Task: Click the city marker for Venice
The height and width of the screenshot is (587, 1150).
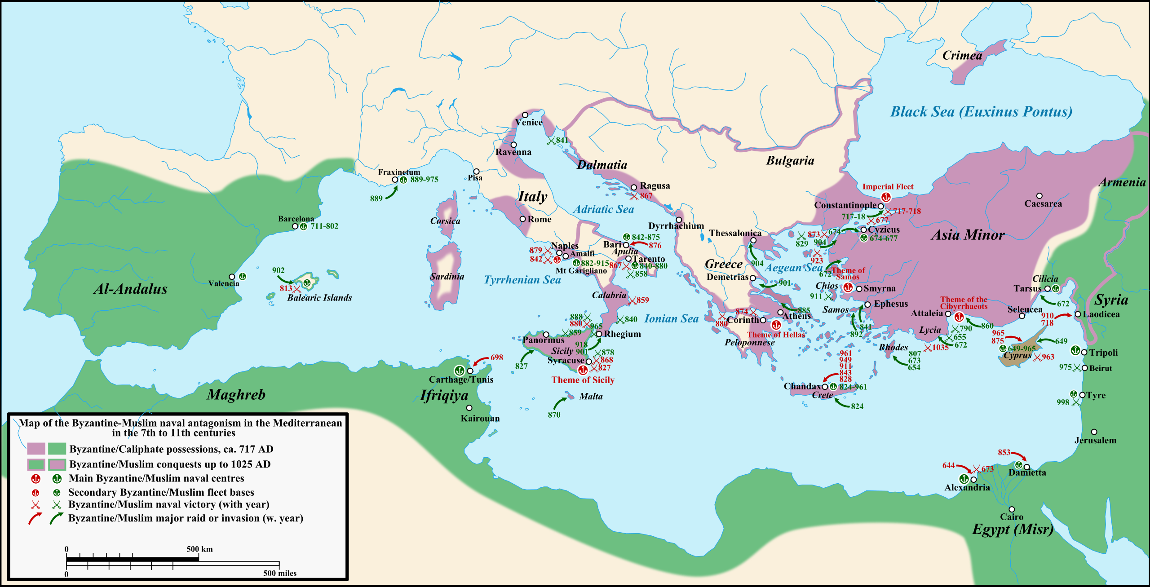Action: coord(525,115)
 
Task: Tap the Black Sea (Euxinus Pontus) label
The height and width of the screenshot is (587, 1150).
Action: coord(981,111)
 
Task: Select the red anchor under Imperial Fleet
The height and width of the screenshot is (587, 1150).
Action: coord(886,197)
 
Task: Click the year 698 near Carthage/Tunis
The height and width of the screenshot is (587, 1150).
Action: coord(496,357)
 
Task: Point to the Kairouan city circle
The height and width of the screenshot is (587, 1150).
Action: coord(469,408)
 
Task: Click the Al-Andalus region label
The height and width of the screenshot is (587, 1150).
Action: coord(130,289)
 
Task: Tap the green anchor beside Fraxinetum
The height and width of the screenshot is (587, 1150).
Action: coord(403,180)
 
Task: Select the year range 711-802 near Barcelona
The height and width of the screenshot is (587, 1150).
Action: coord(324,226)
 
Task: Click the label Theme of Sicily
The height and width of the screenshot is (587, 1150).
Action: coord(583,380)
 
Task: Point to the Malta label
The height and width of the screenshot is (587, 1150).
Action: coord(591,396)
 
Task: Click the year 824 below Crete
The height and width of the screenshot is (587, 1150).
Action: coord(857,406)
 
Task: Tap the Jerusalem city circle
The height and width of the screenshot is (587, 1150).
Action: coord(1094,432)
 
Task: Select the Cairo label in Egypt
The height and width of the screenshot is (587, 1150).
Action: coord(1011,517)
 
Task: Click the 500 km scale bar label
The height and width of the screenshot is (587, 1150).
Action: coord(199,549)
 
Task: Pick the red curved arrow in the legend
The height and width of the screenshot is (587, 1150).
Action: coord(35,518)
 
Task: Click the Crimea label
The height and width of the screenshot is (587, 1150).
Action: coord(962,56)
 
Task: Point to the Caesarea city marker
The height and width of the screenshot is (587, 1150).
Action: coord(1039,196)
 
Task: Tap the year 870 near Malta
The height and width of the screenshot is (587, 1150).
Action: coord(554,415)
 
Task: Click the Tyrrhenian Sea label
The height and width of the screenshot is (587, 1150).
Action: coord(522,280)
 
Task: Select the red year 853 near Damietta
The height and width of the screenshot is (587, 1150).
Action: coord(1004,452)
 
